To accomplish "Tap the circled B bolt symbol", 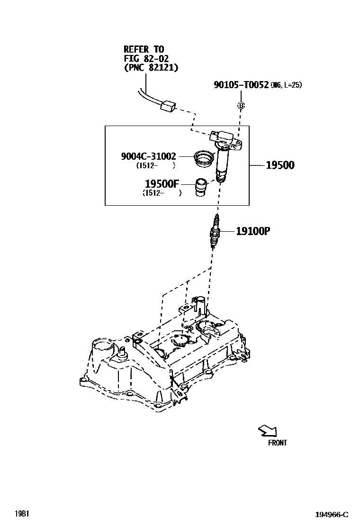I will pyautogui.click(x=241, y=105).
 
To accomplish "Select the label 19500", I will pyautogui.click(x=279, y=165).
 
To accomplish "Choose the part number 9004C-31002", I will pyautogui.click(x=149, y=155).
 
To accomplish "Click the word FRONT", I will pyautogui.click(x=277, y=443).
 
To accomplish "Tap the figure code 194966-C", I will pyautogui.click(x=332, y=515).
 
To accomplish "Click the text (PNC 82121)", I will pyautogui.click(x=151, y=68).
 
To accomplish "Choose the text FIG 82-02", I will pyautogui.click(x=146, y=58).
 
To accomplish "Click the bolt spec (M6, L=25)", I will pyautogui.click(x=286, y=85).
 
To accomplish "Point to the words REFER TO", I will pyautogui.click(x=144, y=49).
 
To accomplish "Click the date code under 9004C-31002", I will pyautogui.click(x=155, y=165).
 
